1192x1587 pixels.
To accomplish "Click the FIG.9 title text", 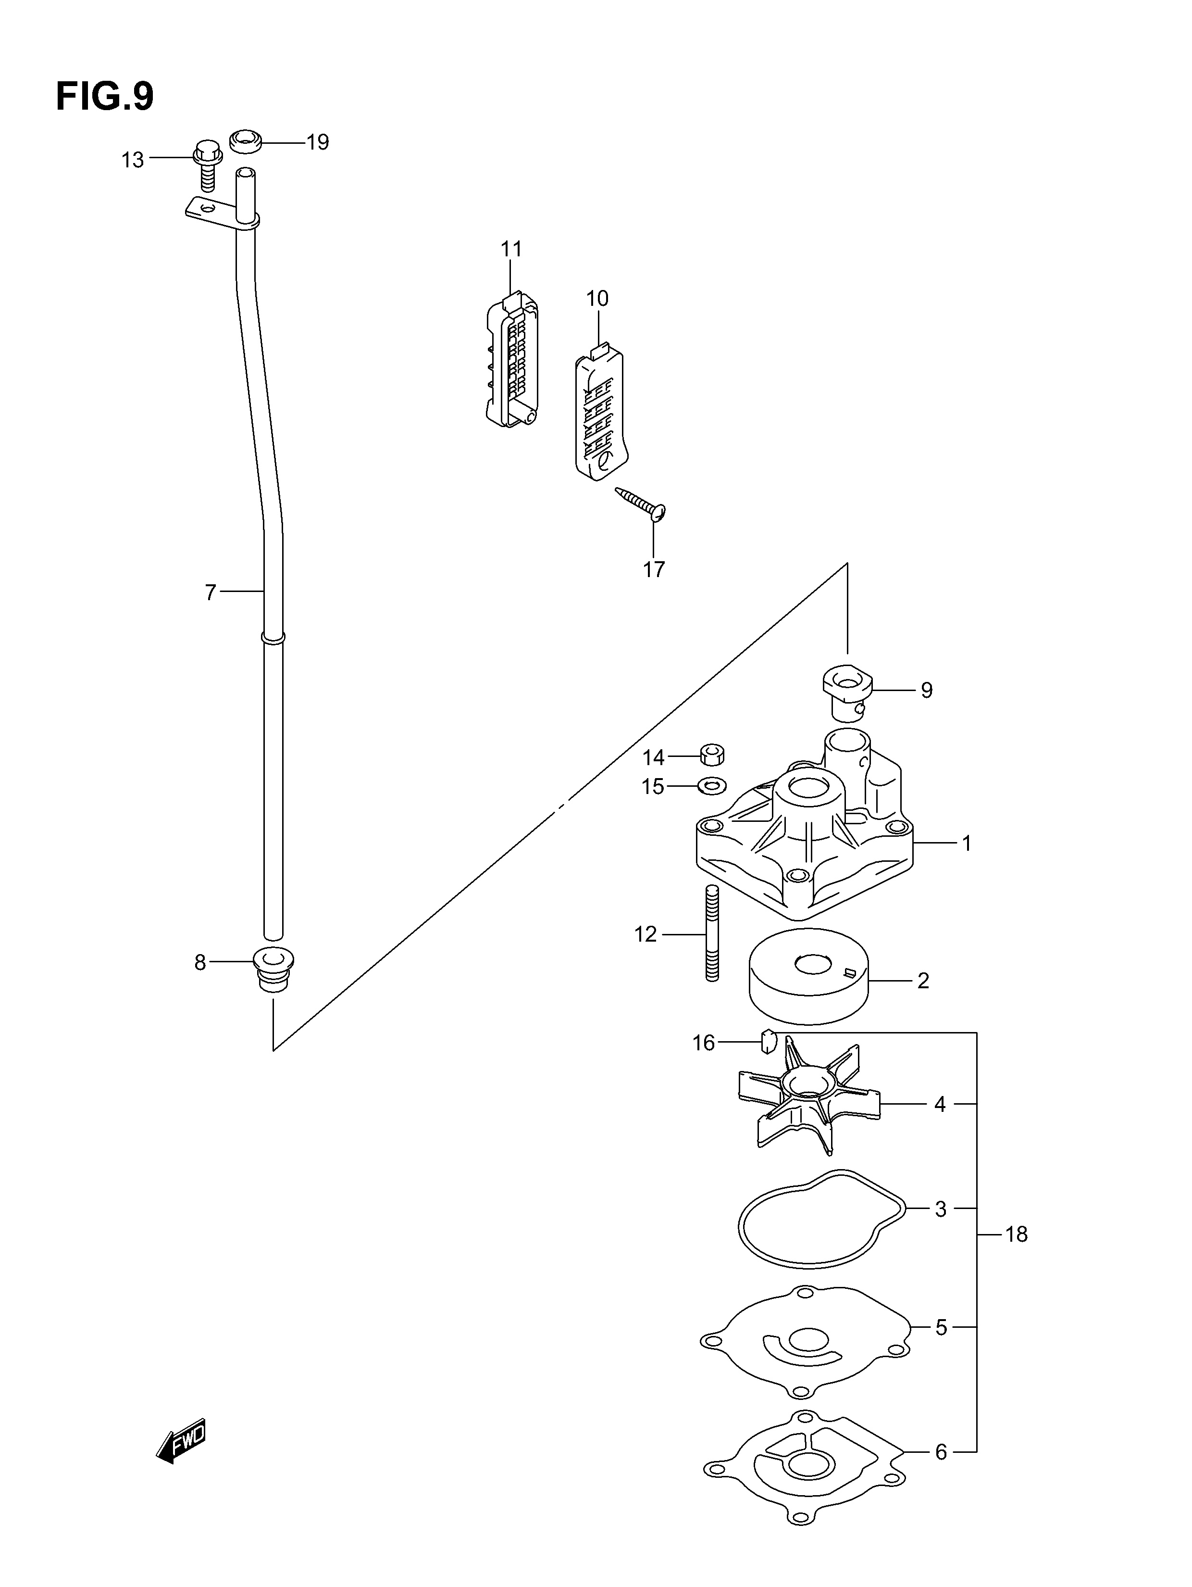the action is [105, 96].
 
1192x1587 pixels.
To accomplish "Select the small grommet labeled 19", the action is [245, 141].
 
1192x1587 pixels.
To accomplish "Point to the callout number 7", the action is [210, 592].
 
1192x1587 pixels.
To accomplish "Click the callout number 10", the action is [596, 299].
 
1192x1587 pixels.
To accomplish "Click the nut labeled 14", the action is [711, 755].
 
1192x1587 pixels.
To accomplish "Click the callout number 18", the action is [1016, 1234].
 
